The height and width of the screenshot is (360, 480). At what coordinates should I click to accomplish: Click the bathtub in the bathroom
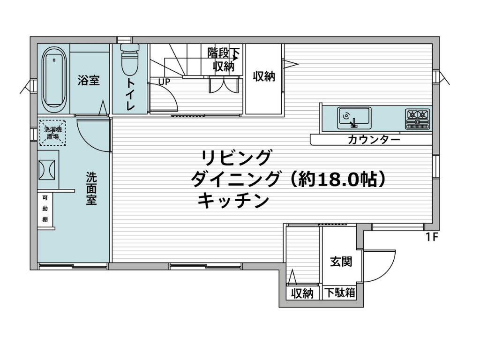point(53,80)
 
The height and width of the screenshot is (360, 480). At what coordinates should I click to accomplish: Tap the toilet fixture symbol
point(130,59)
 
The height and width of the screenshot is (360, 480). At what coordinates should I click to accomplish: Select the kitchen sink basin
point(354,118)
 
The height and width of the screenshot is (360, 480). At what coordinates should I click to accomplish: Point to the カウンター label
point(374,140)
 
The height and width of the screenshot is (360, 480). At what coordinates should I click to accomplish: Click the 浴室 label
point(89,81)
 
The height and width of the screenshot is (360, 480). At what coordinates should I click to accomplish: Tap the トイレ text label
point(130,94)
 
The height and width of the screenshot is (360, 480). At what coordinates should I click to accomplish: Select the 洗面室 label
point(91,188)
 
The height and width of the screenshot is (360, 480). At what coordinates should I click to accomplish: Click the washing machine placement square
point(52,132)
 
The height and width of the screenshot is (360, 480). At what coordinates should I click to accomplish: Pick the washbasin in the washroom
point(46,170)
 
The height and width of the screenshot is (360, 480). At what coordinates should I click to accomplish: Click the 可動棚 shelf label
point(45,209)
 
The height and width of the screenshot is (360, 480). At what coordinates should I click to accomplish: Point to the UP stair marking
point(165,82)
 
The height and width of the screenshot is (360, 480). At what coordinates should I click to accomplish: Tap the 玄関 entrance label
point(341,262)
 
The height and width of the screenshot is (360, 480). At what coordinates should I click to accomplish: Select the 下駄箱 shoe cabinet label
point(340,292)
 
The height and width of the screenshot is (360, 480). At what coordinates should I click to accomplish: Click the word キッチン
point(234,201)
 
